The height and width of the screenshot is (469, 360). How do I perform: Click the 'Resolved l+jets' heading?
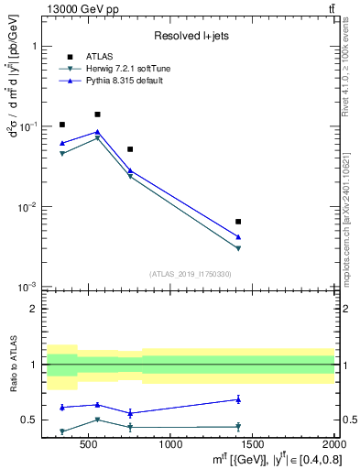190,36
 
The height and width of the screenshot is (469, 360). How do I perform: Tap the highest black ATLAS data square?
97,115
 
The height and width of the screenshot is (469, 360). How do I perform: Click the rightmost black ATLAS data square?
238,222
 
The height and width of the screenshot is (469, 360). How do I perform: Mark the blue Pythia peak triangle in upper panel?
97,132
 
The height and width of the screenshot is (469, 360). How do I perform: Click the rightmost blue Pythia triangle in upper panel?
238,237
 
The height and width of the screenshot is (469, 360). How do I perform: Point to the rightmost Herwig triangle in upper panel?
238,248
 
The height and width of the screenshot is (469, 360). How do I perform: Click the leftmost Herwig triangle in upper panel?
62,153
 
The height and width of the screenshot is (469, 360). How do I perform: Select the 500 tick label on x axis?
89,446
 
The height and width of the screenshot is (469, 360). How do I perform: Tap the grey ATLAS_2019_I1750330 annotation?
190,274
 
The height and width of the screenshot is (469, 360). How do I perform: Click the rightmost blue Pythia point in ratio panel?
238,399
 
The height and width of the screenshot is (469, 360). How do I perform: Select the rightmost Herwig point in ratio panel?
238,426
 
